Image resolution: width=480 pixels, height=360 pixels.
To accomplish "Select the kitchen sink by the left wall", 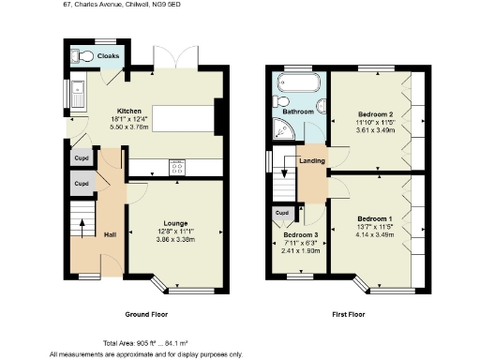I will [79, 94].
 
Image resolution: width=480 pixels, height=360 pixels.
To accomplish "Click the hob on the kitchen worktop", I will [177, 168].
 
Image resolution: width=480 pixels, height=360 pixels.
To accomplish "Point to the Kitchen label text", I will [128, 110].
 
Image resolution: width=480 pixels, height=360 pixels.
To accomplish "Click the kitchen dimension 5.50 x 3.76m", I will [128, 126].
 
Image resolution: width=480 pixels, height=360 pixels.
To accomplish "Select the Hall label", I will [110, 234].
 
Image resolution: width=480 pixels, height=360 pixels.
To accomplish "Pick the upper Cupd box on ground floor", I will [82, 158].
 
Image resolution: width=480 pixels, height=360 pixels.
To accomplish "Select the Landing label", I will [313, 160].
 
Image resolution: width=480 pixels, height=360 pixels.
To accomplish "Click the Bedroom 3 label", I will [302, 234].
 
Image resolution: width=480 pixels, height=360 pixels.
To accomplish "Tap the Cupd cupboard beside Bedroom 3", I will [281, 214].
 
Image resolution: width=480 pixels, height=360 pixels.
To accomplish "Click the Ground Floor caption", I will [147, 314].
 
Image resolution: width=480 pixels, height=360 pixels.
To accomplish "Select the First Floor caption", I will [347, 314].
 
